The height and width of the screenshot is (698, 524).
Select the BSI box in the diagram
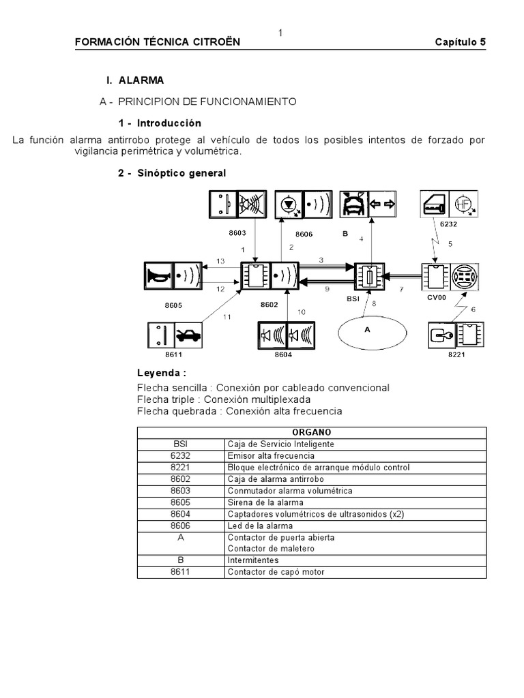click(368, 276)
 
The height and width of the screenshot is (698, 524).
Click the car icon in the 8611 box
click(187, 335)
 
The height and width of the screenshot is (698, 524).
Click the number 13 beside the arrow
click(220, 261)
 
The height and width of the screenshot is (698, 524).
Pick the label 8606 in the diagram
click(304, 233)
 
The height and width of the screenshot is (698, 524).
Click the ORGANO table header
click(312, 432)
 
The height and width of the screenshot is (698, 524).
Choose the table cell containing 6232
click(181, 455)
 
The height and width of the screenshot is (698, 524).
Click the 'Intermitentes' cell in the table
click(252, 560)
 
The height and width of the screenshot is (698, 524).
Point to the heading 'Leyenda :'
click(162, 373)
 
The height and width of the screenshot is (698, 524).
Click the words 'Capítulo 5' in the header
click(461, 42)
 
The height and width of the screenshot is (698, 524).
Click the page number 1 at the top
click(280, 33)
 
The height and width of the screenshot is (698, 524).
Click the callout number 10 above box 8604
click(301, 312)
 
